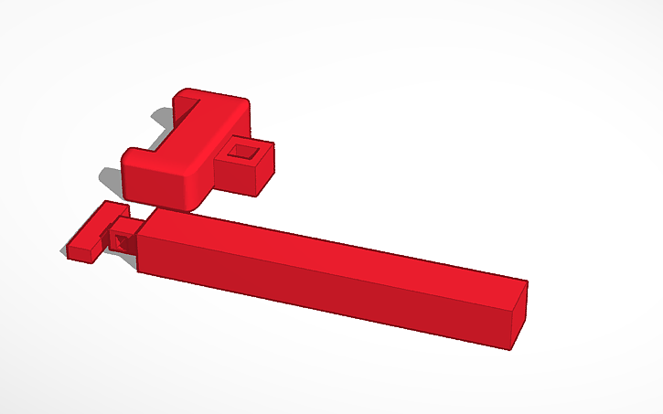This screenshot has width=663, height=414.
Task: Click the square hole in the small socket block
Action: tap(242, 152)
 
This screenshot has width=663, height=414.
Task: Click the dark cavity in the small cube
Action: tap(120, 242)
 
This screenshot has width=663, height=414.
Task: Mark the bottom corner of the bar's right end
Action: tap(509, 348)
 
